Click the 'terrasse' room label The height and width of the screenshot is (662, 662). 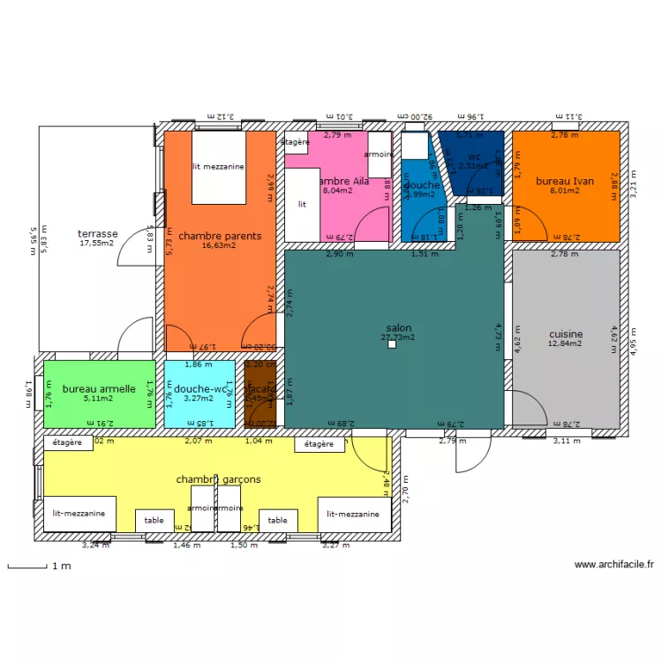[97, 234]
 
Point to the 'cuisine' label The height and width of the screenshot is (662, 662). [565, 335]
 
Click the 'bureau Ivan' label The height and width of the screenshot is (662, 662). [565, 181]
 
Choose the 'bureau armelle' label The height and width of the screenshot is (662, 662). [99, 388]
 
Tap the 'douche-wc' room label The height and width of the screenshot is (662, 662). [199, 388]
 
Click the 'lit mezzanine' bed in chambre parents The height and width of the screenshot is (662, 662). [218, 166]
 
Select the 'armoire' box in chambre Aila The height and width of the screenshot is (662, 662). [380, 154]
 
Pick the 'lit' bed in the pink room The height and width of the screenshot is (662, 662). [302, 204]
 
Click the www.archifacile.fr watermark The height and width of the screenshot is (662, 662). [613, 565]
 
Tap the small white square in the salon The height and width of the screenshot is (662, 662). [392, 345]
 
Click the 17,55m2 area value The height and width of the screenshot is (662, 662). [97, 244]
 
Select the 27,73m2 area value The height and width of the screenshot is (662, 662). [398, 337]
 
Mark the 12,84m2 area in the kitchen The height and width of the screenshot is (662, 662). [565, 344]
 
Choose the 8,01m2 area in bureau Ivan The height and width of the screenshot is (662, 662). [565, 191]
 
